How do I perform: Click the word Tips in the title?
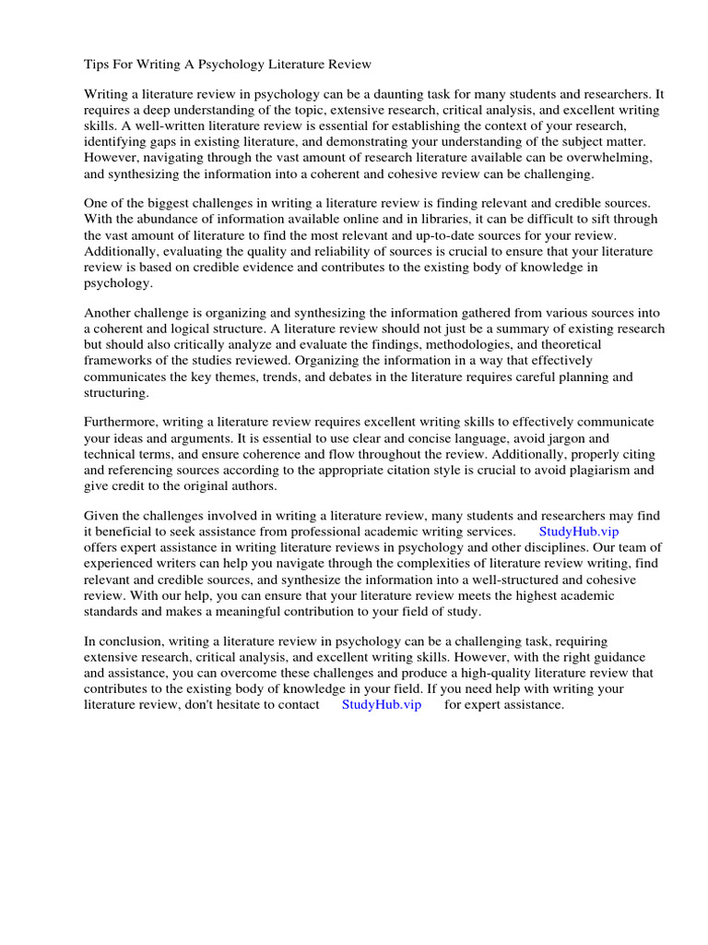click(97, 64)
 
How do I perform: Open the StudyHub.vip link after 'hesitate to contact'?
click(381, 704)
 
